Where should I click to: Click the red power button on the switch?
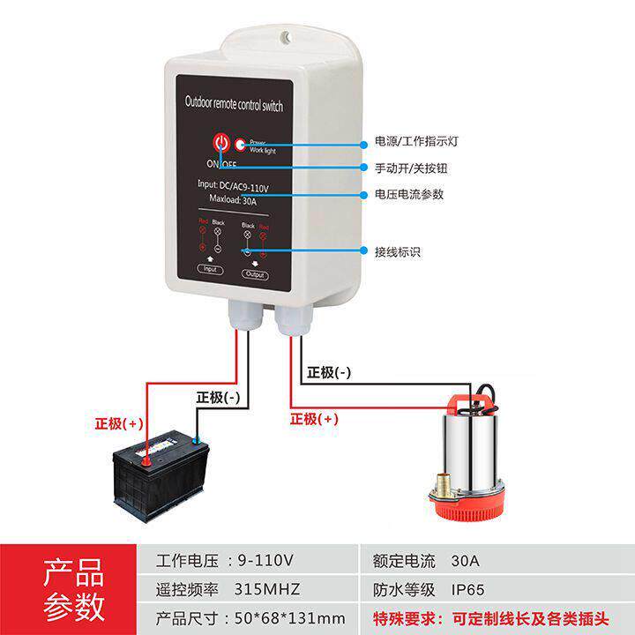(x=220, y=143)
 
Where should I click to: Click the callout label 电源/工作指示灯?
(x=415, y=141)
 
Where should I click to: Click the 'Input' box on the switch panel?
(x=210, y=269)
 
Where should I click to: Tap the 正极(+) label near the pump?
(x=314, y=419)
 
